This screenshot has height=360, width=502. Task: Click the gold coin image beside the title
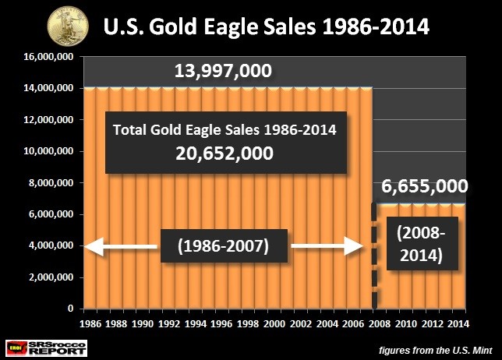(x=68, y=26)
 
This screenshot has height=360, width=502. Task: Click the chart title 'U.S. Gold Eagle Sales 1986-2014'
(x=266, y=26)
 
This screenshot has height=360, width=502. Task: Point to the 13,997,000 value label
(x=223, y=71)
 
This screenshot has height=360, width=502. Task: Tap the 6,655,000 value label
(x=425, y=186)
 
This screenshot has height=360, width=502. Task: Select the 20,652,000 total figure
(x=224, y=154)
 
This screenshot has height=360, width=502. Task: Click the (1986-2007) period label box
(x=224, y=245)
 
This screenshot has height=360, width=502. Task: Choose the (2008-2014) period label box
(x=422, y=244)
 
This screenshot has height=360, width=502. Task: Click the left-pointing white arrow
(x=121, y=246)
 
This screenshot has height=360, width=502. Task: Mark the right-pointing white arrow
(x=327, y=245)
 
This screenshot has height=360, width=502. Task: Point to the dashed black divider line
(x=374, y=256)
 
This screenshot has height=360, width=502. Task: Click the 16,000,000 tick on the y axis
(x=48, y=57)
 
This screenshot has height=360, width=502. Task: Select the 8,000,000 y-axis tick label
(x=51, y=182)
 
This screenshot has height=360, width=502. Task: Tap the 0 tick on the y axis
(x=70, y=309)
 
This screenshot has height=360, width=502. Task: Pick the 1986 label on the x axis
(x=90, y=324)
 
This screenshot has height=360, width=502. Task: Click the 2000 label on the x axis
(x=274, y=324)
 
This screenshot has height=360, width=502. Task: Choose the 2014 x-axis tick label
(x=458, y=324)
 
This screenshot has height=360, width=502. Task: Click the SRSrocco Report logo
(x=47, y=348)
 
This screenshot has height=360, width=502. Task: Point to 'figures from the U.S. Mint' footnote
(x=436, y=351)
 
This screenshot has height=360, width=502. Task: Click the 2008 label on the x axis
(x=380, y=324)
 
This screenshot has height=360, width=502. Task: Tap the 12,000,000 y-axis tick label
(x=48, y=120)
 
